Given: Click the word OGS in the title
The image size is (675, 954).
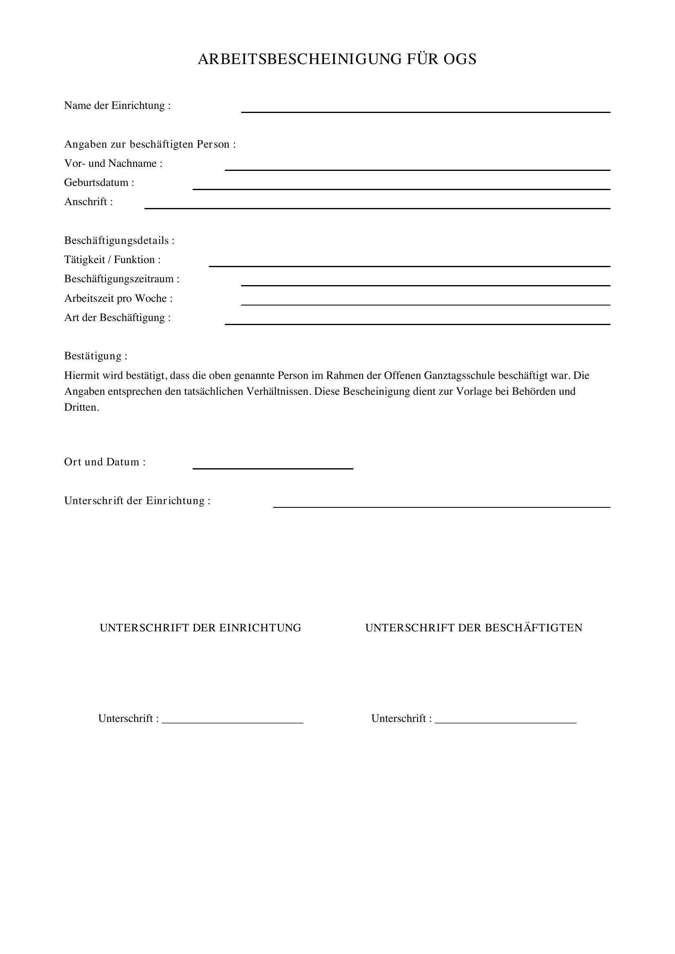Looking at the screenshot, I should click(460, 60).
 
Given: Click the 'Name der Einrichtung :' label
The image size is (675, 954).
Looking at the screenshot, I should click(117, 106).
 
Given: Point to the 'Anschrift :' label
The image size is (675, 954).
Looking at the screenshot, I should click(89, 202).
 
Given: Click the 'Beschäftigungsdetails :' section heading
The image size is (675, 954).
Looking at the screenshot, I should click(119, 241).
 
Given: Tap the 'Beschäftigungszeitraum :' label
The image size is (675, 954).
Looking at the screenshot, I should click(122, 279).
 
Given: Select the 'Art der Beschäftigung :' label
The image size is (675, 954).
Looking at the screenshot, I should click(117, 317).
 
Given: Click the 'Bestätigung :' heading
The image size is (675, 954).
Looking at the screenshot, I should click(95, 356).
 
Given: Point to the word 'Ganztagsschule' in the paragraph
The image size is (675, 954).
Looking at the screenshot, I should click(459, 376).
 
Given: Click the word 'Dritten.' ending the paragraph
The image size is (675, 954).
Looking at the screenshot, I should click(82, 407).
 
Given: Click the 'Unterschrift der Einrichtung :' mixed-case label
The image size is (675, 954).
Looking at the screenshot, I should click(137, 501).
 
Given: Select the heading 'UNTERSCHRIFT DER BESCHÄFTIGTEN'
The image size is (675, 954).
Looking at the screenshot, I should click(474, 628).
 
